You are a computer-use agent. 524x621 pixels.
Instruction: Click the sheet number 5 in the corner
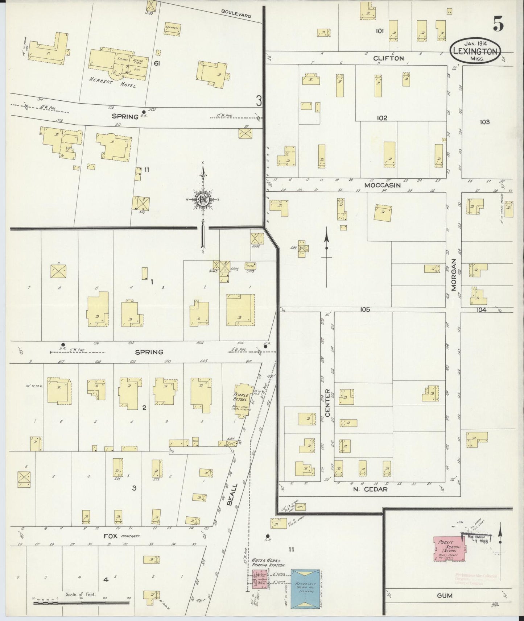[498, 25]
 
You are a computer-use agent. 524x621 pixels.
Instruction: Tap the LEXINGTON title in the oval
[475, 51]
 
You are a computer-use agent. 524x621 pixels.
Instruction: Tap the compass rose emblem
[203, 200]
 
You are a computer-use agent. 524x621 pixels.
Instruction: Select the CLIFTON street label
[388, 58]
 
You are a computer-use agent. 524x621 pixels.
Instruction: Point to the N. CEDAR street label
[370, 489]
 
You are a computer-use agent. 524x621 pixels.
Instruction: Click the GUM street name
[445, 595]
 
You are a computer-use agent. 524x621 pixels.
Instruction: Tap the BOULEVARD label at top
[236, 13]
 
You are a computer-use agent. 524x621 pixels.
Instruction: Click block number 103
[484, 122]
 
